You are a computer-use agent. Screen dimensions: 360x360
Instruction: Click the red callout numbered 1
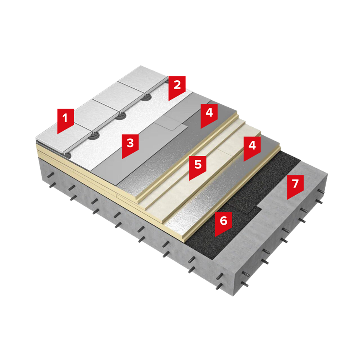point(65,120)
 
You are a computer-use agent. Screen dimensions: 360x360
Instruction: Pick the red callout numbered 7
point(295,185)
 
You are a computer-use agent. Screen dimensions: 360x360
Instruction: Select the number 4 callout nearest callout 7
point(252,147)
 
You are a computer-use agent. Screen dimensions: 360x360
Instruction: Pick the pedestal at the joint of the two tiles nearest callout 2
point(145,97)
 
